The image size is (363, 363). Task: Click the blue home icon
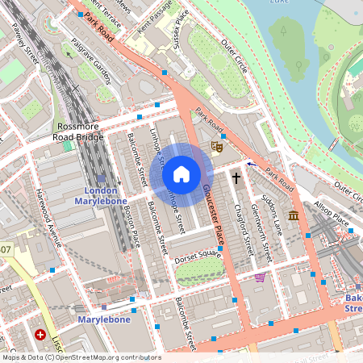[181, 173]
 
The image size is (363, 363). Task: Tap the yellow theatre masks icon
[216, 147]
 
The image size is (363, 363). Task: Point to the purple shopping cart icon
[260, 277]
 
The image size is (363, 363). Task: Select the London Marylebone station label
[102, 194]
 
